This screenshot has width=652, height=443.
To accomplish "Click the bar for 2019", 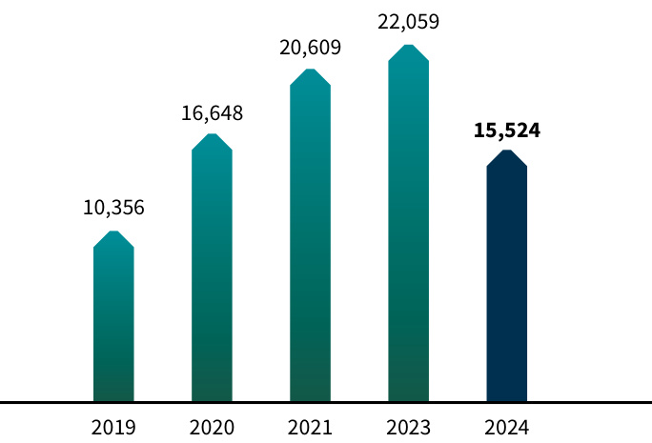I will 113,324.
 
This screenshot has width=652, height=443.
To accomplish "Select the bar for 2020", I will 212,276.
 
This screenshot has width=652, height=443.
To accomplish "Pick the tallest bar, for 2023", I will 408,229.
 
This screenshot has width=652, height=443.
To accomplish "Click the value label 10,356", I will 113,208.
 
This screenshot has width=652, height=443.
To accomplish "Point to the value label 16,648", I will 212,113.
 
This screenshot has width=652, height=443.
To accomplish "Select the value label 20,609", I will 310,48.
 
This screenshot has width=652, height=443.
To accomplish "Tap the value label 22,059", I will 408,21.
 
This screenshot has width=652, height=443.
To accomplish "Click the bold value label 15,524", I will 506,131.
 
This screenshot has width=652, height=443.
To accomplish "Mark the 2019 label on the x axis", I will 113,428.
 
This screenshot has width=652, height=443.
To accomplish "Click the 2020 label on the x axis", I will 212,428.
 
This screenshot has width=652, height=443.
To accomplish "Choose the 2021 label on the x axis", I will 310,428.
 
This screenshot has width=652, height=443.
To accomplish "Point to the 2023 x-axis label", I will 408,428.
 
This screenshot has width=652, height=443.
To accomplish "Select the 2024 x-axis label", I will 506,428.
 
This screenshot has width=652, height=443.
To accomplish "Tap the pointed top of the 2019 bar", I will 113,236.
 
